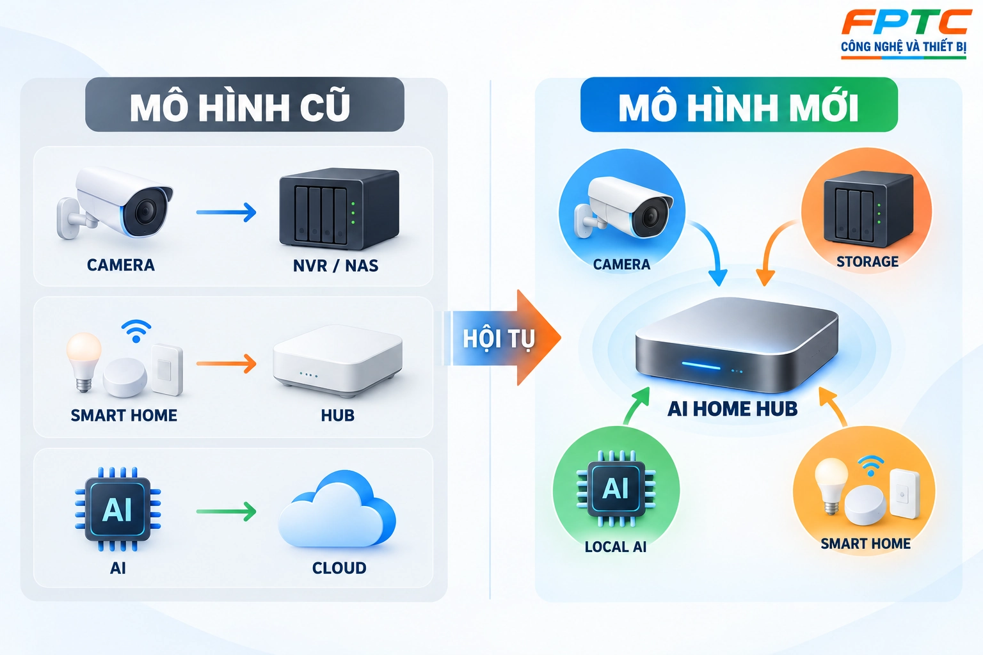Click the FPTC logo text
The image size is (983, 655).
click(906, 22)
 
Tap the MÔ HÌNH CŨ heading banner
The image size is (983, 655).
click(244, 104)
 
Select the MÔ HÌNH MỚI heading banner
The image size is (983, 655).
click(739, 104)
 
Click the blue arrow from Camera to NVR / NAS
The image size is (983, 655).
click(226, 212)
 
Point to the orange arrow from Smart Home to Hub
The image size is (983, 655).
click(226, 364)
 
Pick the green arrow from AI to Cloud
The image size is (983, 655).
click(226, 511)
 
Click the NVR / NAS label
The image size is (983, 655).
click(336, 266)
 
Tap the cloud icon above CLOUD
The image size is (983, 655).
click(337, 509)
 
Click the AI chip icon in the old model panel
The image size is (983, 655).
click(118, 509)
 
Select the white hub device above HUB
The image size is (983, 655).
click(337, 361)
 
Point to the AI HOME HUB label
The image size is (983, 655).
click(732, 409)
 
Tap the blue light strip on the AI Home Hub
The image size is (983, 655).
click(701, 365)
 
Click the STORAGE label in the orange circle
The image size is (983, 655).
click(867, 262)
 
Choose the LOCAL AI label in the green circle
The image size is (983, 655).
click(615, 547)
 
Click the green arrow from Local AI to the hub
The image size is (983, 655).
click(634, 406)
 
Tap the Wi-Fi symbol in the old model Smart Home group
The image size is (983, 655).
click(136, 331)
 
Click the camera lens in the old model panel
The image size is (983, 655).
click(146, 212)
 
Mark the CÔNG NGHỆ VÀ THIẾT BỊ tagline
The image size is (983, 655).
click(904, 47)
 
